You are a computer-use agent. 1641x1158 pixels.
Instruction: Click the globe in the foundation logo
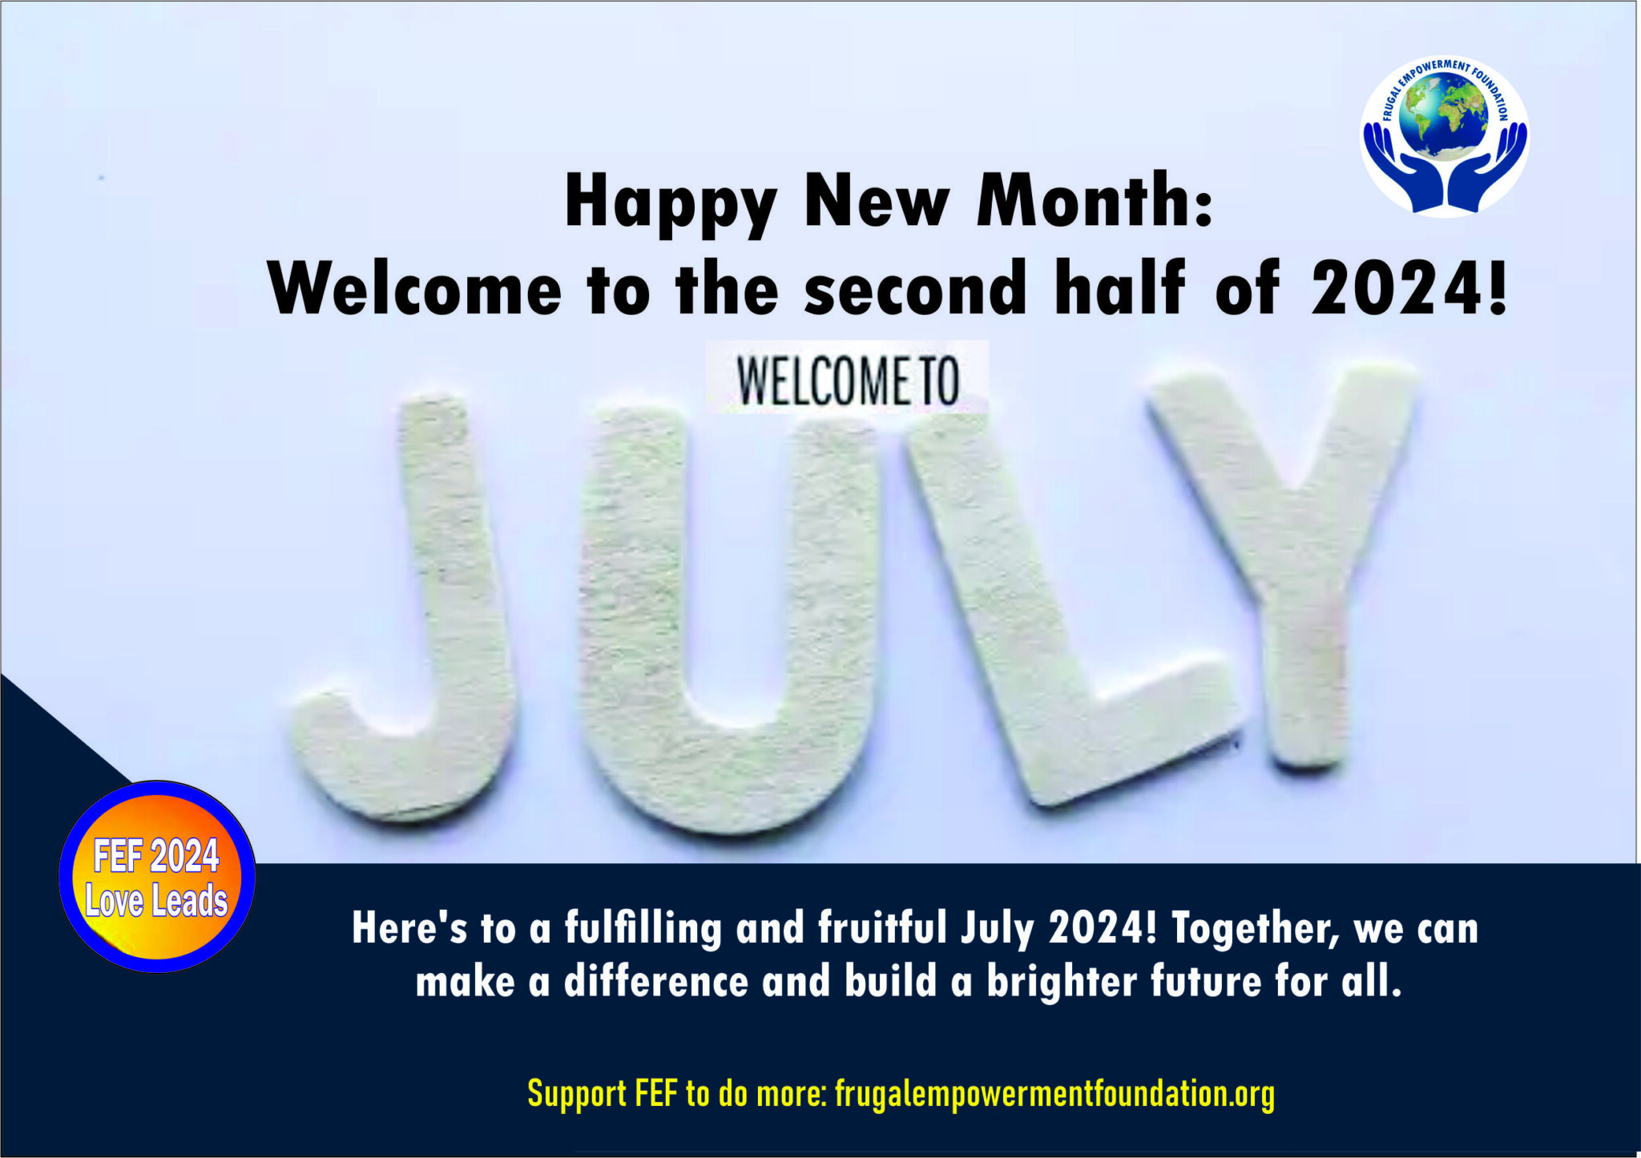[1443, 115]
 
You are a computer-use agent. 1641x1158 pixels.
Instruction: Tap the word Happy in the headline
[671, 203]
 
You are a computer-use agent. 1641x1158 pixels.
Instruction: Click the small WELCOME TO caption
[847, 381]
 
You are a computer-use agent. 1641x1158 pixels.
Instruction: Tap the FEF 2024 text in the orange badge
[156, 857]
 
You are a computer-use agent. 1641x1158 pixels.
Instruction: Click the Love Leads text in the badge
[156, 901]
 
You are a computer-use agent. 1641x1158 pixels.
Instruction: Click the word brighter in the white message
[1061, 982]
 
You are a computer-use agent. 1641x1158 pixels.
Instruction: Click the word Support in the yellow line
[577, 1094]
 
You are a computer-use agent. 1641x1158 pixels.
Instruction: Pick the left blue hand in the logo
[1398, 168]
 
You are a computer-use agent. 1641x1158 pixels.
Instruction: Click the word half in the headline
[1119, 288]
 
